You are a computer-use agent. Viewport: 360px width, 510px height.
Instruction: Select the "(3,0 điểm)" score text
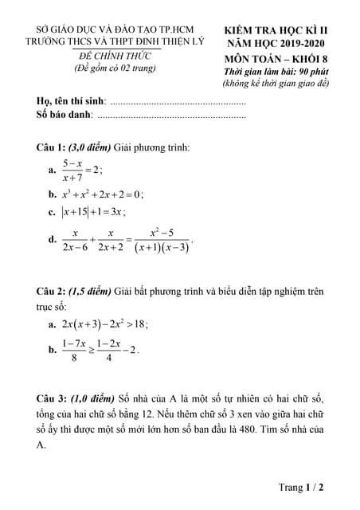(88, 147)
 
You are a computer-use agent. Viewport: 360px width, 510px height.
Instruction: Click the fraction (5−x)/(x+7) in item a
(73, 170)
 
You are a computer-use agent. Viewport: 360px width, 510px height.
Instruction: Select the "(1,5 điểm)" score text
(88, 292)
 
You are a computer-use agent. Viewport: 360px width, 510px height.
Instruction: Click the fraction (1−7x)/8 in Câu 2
(73, 350)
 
